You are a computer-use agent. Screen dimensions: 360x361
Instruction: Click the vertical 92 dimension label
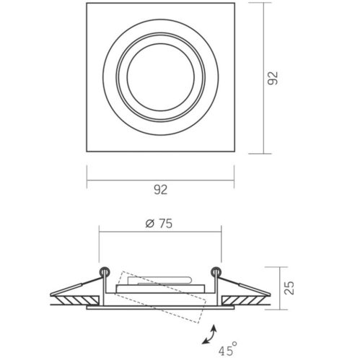(273, 78)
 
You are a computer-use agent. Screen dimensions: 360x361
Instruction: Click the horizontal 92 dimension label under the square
(161, 190)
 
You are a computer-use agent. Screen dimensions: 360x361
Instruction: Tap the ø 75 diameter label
(159, 224)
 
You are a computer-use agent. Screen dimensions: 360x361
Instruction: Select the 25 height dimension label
(289, 288)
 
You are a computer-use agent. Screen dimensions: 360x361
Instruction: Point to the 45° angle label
(228, 349)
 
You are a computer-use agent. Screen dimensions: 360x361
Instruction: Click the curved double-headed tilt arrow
(209, 334)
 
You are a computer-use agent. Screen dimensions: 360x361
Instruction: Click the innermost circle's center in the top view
(161, 77)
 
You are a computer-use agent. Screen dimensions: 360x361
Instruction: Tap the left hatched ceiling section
(77, 300)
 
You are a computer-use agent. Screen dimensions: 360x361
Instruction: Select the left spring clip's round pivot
(105, 271)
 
